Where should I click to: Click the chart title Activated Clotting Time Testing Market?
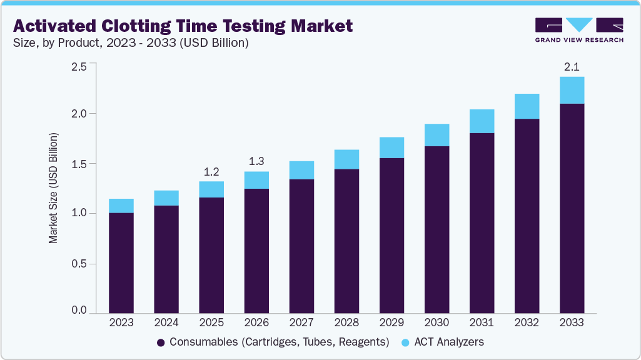pos(183,26)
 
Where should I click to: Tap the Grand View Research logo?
pos(578,30)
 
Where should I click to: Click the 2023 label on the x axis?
pos(121,323)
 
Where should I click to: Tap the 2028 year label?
pos(346,323)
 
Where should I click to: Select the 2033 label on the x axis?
pos(572,323)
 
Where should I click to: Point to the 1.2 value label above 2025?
pos(211,171)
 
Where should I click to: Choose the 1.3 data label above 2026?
pos(256,161)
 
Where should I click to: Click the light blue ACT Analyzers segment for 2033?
pos(572,90)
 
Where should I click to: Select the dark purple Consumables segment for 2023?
pos(121,262)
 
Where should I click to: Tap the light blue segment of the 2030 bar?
pos(437,135)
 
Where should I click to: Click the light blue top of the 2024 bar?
pos(166,198)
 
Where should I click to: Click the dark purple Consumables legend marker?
pos(161,342)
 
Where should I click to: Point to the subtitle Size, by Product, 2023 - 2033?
pos(131,43)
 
